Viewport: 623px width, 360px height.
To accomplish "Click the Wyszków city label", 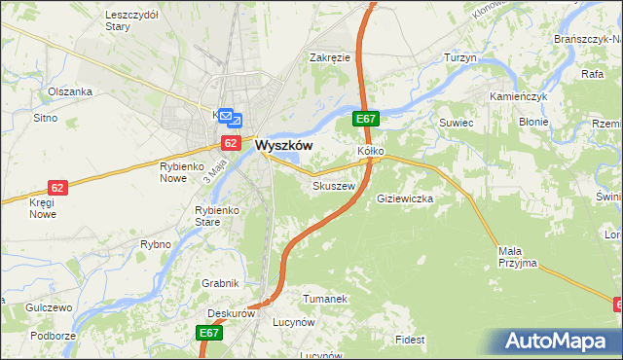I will pos(283,145).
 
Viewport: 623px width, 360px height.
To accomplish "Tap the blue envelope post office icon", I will pos(226,118).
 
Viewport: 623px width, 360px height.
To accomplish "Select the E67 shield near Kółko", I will pos(365,120).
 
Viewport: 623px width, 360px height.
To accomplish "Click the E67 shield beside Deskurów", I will pos(209,333).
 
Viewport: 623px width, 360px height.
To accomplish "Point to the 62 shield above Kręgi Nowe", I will pos(58,188).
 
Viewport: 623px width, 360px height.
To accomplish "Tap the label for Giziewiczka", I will pos(404,198).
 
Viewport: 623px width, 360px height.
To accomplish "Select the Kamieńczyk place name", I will pos(520,98).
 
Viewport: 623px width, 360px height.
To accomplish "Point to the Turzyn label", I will pos(460,58).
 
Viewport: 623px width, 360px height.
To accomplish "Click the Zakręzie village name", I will pos(330,57).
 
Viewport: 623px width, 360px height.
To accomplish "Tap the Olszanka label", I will pos(70,91).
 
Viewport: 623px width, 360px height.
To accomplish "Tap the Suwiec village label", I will pos(456,123).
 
